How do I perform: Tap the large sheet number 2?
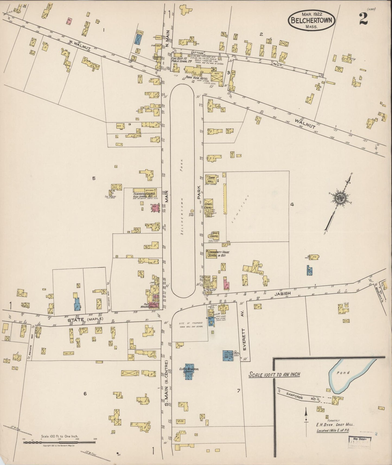(x=363, y=19)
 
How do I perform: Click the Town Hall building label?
(x=211, y=179)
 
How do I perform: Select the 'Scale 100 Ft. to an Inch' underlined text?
(x=275, y=375)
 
